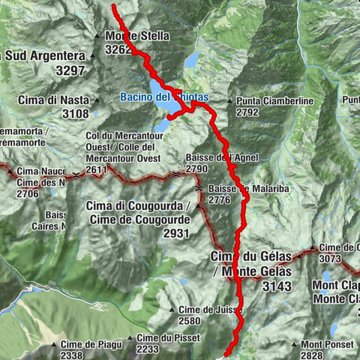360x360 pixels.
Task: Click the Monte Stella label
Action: pyautogui.click(x=138, y=36)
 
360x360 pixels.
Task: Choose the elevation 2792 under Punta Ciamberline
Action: pyautogui.click(x=247, y=112)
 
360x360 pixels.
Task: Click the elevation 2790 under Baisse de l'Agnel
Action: pyautogui.click(x=197, y=169)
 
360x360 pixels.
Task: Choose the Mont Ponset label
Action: pyautogui.click(x=324, y=344)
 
